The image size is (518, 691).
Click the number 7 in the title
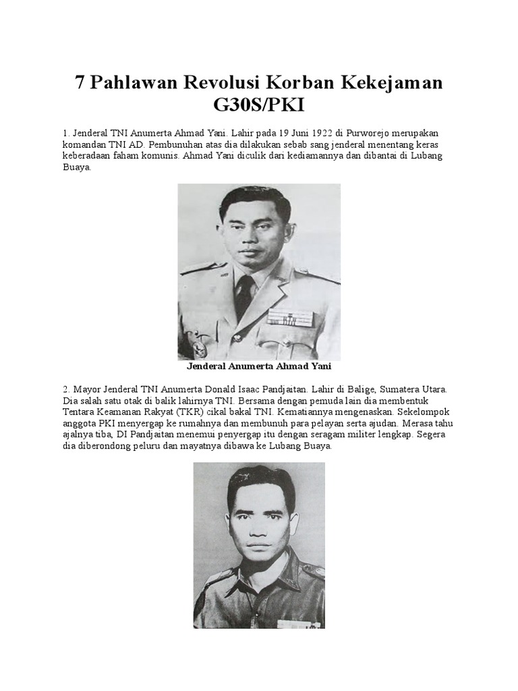tap(81, 83)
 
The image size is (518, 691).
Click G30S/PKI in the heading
tap(259, 106)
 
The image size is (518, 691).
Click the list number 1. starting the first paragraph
tap(66, 133)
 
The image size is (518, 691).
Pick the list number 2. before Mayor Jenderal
tap(66, 390)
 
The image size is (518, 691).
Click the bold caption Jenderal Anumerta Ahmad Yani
tap(259, 368)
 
